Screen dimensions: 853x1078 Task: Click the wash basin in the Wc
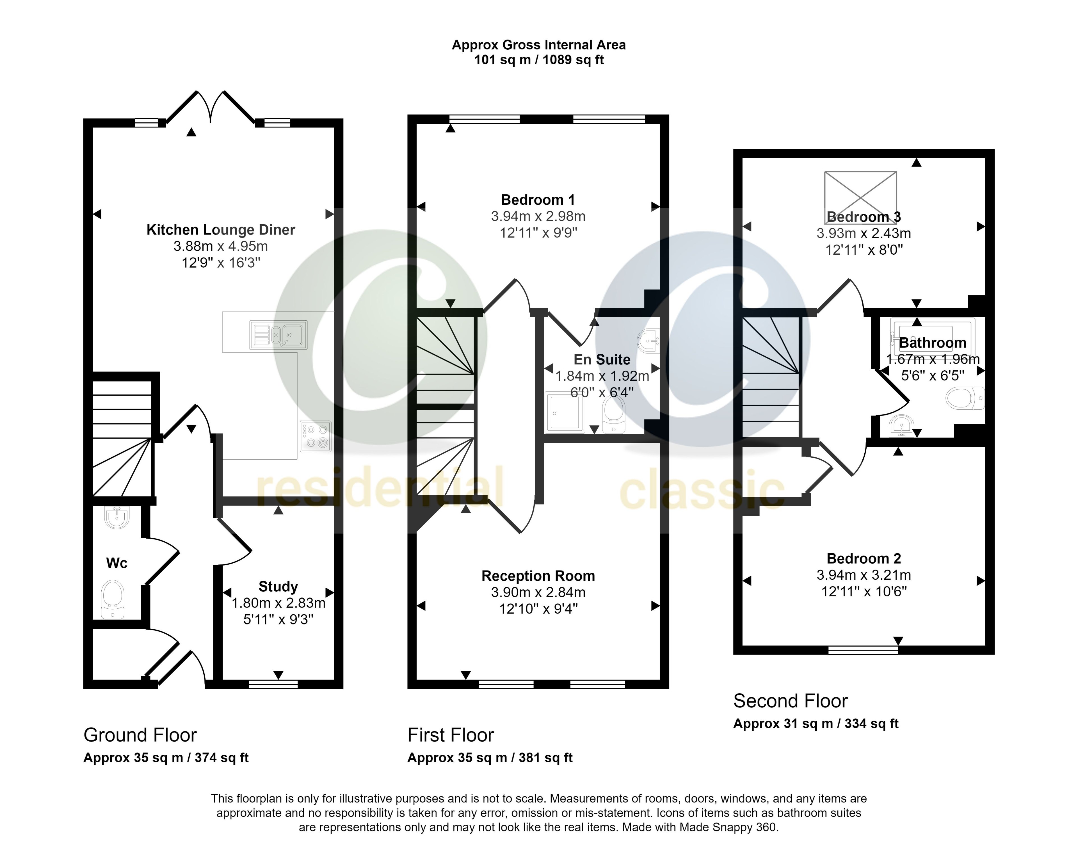pyautogui.click(x=117, y=518)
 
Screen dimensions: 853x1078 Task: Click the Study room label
pyautogui.click(x=278, y=586)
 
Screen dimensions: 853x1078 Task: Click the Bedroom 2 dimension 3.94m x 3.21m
pyautogui.click(x=863, y=575)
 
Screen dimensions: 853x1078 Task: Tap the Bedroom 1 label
pyautogui.click(x=538, y=200)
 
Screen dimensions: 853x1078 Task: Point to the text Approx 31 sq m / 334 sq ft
pyautogui.click(x=815, y=724)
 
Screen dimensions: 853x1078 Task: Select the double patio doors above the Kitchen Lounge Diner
pyautogui.click(x=210, y=107)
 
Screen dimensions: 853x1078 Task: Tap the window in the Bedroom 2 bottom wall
pyautogui.click(x=863, y=650)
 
